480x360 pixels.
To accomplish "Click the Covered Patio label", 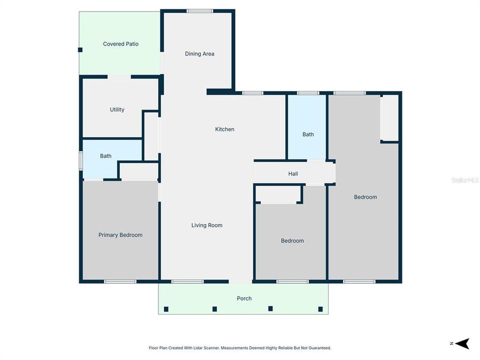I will [120, 44].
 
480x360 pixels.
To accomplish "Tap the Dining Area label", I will [199, 54].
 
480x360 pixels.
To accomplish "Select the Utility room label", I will [117, 109].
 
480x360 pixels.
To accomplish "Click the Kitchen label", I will [224, 129].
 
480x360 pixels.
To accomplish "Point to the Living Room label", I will [206, 225].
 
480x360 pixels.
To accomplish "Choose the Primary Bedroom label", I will [120, 235].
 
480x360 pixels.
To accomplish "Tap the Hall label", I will [293, 174].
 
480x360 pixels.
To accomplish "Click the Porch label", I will [244, 298].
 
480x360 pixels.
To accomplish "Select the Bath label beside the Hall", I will [308, 134].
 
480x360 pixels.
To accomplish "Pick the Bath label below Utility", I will [105, 156].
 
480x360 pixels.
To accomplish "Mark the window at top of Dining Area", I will [199, 11].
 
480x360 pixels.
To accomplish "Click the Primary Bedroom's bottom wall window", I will [120, 281].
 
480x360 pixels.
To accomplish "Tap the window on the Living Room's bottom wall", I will [187, 281].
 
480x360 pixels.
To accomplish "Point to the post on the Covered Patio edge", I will [80, 49].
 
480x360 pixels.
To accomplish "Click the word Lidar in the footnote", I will [198, 347].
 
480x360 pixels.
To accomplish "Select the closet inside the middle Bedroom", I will [278, 194].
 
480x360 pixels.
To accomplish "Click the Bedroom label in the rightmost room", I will [365, 197].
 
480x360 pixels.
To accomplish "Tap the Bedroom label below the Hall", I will [292, 241].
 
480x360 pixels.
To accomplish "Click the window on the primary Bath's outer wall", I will [81, 161].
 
